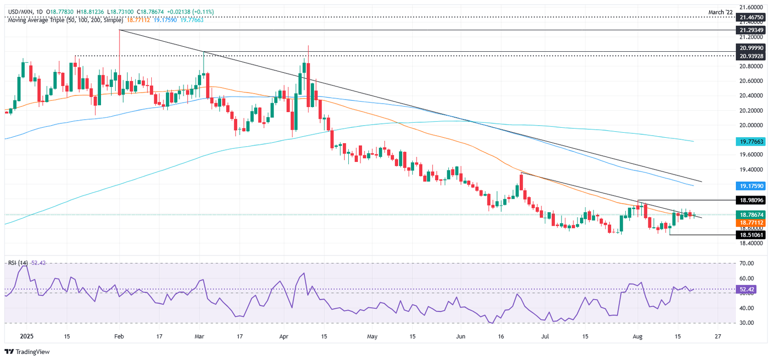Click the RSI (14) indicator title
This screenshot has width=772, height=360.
(18, 263)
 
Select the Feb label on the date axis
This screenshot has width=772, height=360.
(119, 336)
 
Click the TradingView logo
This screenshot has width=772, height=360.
(28, 352)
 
